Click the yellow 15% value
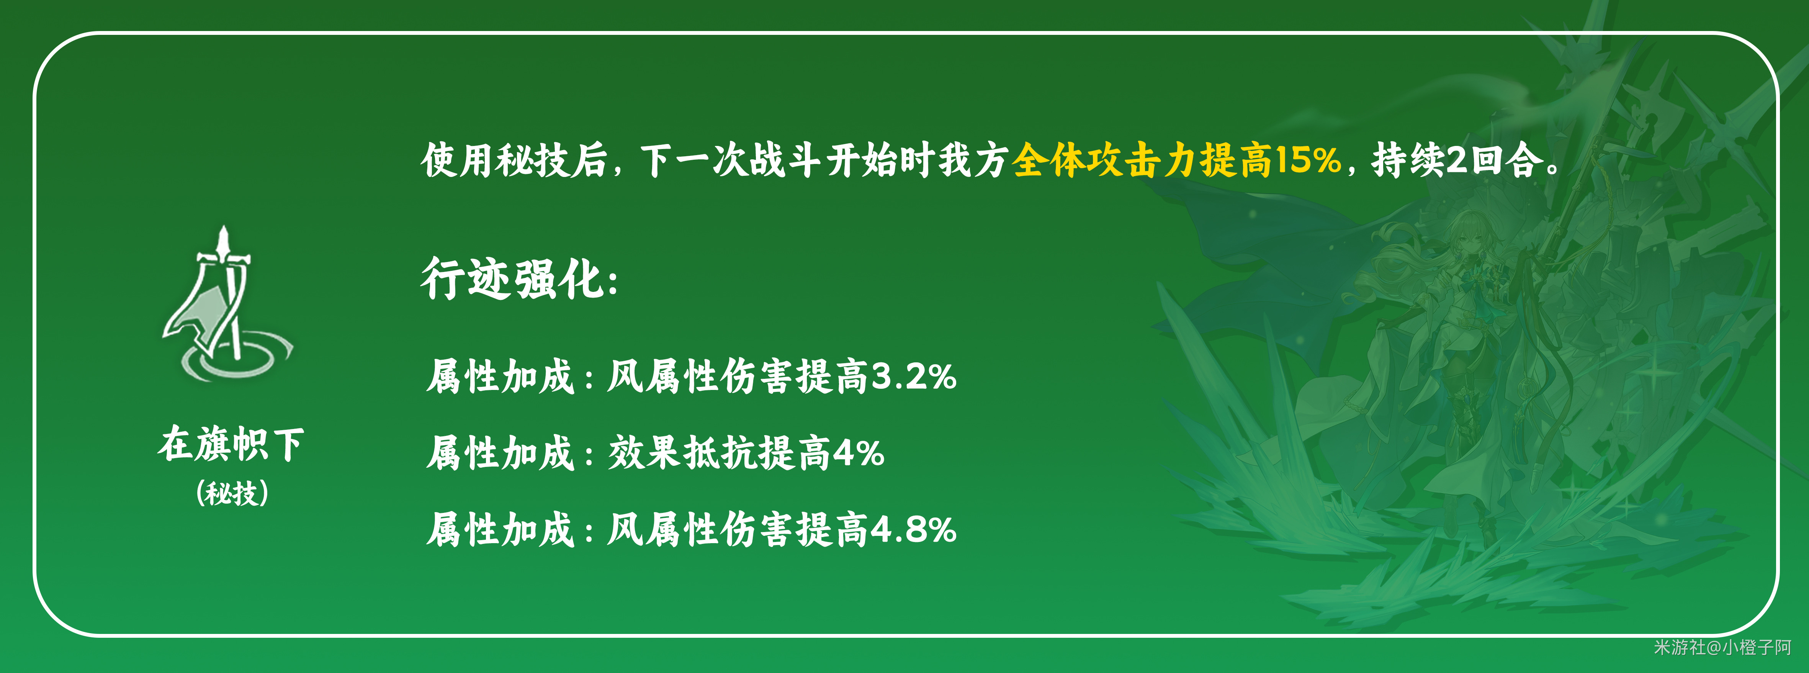(1308, 159)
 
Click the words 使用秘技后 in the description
(514, 159)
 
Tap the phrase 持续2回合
(1458, 159)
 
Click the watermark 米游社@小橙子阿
(1722, 647)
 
